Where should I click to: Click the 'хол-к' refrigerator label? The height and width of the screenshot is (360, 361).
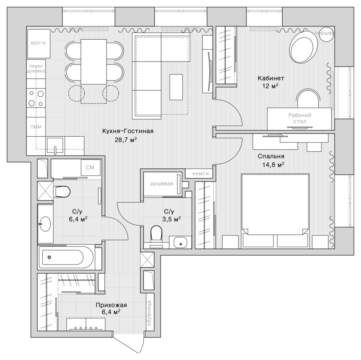pos(38,43)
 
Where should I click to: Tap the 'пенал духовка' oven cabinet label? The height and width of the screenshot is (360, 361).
pos(36,69)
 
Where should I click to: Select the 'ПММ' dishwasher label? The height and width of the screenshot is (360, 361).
pos(36,127)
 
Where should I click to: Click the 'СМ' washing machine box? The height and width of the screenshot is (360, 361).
pos(90,168)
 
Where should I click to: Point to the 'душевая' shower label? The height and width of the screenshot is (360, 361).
pos(162,184)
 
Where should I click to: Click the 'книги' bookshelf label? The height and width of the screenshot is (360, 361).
pos(201,173)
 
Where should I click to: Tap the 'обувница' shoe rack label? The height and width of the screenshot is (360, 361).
pos(149,313)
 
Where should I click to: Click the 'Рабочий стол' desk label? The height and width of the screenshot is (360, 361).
pos(300,118)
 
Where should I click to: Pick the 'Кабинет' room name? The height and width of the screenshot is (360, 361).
pos(271,78)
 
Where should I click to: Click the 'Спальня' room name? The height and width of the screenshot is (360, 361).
pos(271,156)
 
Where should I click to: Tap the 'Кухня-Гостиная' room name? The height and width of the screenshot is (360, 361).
pos(128,131)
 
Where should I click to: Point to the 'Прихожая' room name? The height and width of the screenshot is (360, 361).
pos(111,305)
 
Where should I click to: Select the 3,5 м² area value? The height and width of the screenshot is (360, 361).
pos(171,219)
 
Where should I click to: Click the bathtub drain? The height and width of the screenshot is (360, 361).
pos(49,257)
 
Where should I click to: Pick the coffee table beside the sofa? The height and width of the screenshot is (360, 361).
pos(176,87)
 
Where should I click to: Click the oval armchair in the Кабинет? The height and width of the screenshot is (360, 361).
pos(303,47)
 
